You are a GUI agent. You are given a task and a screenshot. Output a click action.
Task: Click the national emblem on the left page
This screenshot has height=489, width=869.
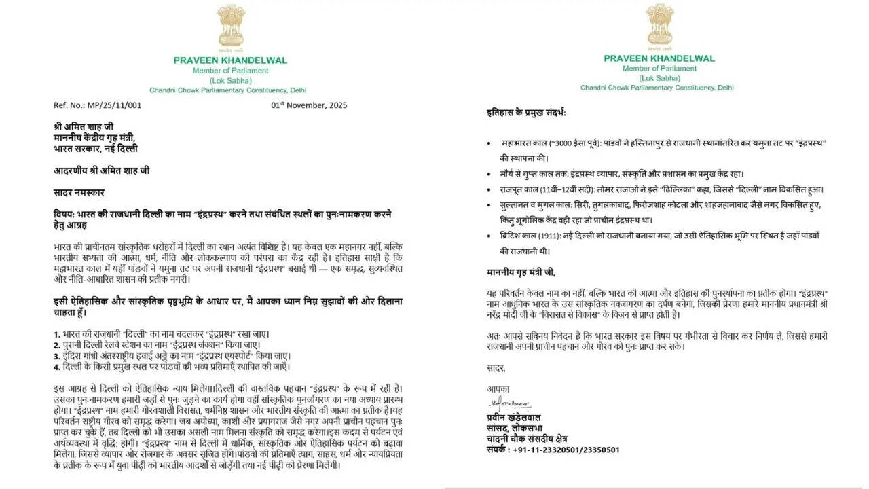coord(230,26)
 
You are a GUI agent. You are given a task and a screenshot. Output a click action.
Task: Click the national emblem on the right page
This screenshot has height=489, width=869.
coord(660,25)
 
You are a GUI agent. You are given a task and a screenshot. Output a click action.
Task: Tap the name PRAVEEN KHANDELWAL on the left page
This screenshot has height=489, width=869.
coord(230,60)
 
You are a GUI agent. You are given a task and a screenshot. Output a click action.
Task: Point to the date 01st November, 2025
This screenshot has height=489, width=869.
coord(309,105)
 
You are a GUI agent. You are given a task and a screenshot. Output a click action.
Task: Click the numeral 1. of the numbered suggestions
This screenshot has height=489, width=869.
coord(56,334)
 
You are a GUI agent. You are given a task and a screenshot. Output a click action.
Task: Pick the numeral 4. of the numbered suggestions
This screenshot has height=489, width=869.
coord(56,367)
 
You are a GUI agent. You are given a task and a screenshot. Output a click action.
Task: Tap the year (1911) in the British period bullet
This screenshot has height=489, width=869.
coord(537,235)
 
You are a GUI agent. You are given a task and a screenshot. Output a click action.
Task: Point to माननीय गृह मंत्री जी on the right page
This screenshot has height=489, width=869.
coord(521,272)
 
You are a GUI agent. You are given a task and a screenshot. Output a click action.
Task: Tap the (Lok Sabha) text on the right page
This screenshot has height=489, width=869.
coord(659,78)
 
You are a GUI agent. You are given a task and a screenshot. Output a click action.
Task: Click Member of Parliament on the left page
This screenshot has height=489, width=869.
coord(230,71)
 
